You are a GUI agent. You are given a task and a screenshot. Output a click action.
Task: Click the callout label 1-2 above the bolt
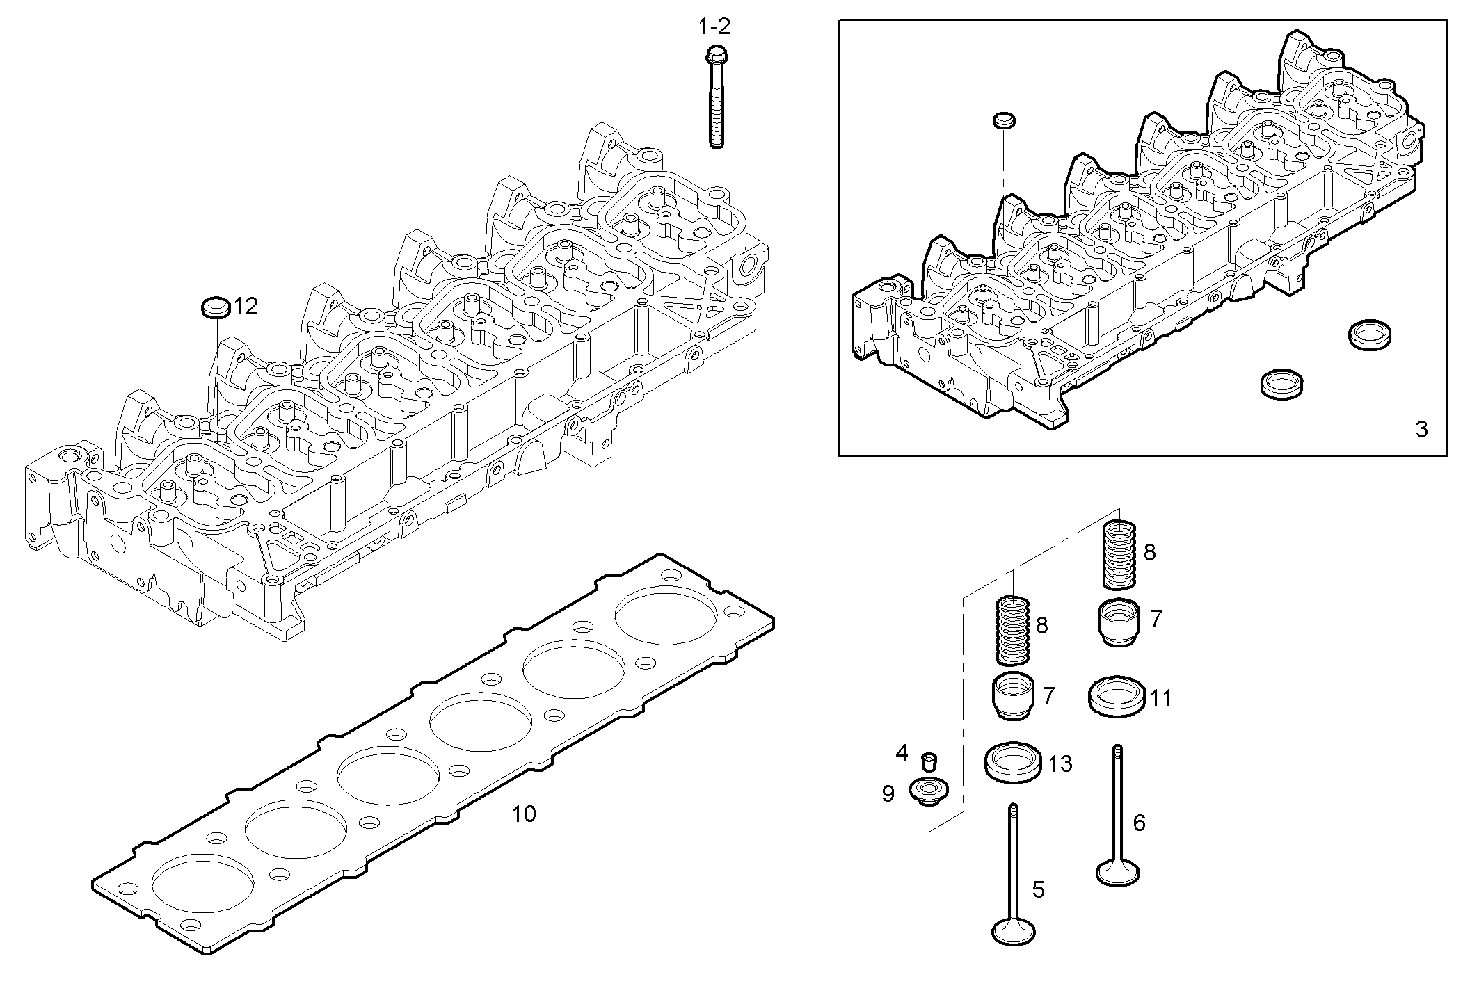(x=714, y=27)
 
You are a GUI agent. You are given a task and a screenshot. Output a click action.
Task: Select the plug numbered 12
(x=215, y=307)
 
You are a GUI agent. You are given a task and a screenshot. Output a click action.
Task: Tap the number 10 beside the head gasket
(x=524, y=814)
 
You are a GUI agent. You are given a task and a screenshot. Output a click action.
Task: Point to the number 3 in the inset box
(x=1422, y=430)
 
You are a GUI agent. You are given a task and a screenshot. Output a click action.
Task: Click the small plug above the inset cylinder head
(x=1003, y=120)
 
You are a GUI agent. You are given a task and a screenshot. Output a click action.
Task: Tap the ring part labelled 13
(x=1014, y=763)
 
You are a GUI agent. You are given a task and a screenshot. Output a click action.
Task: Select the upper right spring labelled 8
(x=1121, y=553)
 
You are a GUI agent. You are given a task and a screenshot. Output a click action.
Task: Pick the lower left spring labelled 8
(x=1013, y=629)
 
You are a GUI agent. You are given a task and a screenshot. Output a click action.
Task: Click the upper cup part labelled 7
(x=1119, y=621)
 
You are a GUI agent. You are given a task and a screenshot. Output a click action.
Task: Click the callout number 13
(x=1060, y=765)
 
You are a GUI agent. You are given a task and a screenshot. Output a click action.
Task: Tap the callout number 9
(x=888, y=794)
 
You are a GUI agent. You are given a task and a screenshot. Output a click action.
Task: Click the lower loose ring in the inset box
(x=1281, y=384)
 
